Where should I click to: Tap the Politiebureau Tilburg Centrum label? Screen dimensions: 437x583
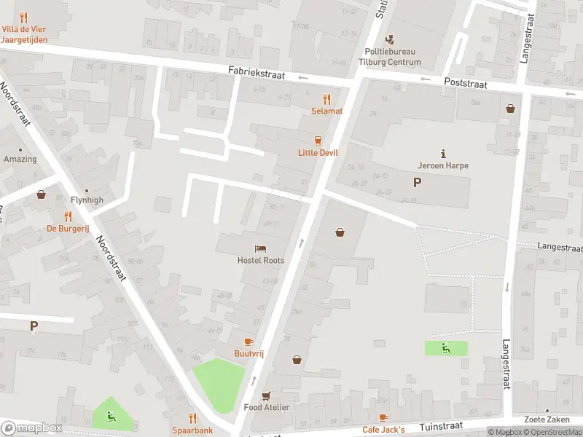(x=393, y=57)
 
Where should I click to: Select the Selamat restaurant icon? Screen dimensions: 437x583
(x=327, y=98)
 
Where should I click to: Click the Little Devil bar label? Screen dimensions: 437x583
(x=317, y=152)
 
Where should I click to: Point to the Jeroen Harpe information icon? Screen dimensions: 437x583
(x=443, y=153)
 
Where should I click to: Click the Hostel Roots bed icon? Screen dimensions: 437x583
(x=260, y=249)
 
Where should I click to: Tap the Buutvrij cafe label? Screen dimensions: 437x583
(x=248, y=353)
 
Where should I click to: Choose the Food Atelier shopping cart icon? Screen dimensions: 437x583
(x=267, y=395)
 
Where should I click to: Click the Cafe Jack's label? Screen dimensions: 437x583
(x=383, y=429)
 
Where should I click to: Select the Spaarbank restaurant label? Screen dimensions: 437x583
(x=192, y=430)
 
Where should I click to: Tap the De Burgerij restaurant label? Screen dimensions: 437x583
(x=68, y=228)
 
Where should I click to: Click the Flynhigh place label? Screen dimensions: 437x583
(x=87, y=200)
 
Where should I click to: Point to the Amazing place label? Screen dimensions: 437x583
(x=20, y=159)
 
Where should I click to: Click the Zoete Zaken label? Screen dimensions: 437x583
(x=547, y=420)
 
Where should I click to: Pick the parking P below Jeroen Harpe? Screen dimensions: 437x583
(x=417, y=183)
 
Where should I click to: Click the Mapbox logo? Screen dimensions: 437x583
(x=32, y=428)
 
